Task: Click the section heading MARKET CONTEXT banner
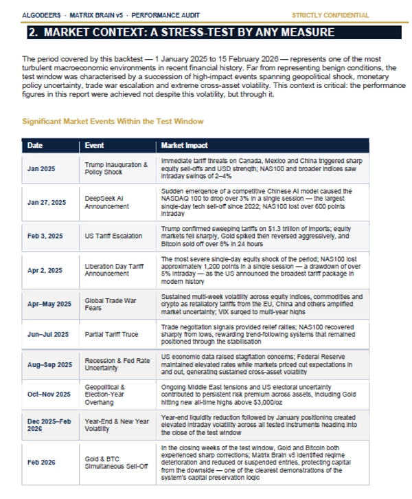181,32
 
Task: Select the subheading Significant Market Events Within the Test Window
113,121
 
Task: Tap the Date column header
35,146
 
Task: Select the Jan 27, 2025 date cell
47,202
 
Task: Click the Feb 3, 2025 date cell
45,234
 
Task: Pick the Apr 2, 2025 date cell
45,269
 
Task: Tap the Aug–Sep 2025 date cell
50,364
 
